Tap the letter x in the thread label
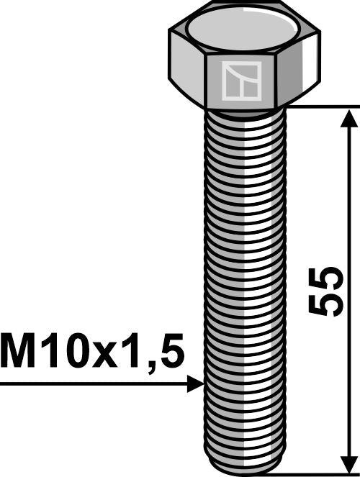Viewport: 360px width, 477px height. [113, 357]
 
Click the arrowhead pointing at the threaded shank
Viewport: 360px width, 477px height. [196, 384]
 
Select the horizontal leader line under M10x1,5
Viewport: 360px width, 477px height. [94, 384]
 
